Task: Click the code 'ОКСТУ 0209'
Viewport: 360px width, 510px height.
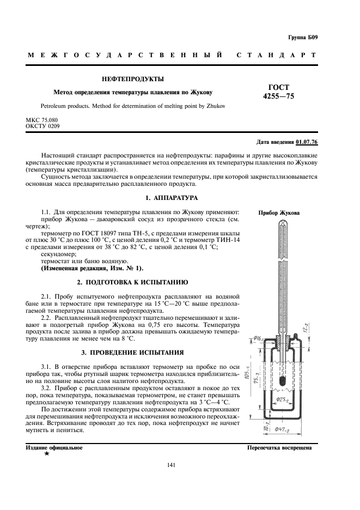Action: pos(42,126)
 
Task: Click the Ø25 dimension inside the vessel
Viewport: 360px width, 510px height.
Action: pos(284,399)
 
